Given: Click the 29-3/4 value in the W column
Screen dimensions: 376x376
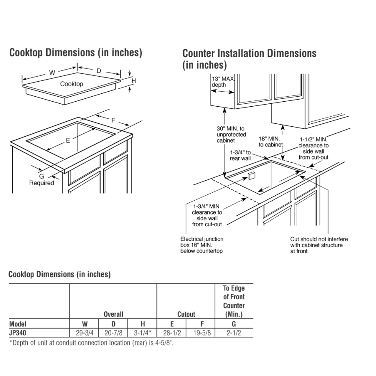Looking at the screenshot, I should [85, 333].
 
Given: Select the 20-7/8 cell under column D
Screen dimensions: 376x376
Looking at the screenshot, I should [113, 333].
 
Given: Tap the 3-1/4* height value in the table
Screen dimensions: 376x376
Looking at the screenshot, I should [142, 333].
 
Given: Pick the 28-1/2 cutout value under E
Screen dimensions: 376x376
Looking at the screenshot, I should [172, 333].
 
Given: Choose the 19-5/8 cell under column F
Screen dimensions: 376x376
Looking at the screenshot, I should [202, 333].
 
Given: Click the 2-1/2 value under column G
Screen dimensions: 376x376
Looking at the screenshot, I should [234, 333].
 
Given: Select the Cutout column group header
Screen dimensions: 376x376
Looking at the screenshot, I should [186, 314].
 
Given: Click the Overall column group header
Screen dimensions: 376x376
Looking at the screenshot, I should [113, 314].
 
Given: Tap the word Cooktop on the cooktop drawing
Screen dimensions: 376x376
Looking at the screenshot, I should [72, 84].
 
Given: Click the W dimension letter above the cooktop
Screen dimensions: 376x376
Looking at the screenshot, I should [52, 73].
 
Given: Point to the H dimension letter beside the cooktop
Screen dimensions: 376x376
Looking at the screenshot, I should [134, 81].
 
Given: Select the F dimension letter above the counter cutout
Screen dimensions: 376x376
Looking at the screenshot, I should [113, 120].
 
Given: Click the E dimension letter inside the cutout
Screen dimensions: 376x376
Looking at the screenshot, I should [68, 141].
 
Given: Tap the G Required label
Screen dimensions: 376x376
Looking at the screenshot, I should [42, 180].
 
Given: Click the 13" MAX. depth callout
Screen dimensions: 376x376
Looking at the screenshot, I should [223, 82].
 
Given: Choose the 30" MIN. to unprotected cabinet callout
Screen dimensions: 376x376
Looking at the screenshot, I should [231, 135].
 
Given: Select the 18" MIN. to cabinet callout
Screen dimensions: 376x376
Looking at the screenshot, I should [271, 142].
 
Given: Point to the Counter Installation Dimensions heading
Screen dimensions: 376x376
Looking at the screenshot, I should [249, 59].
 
